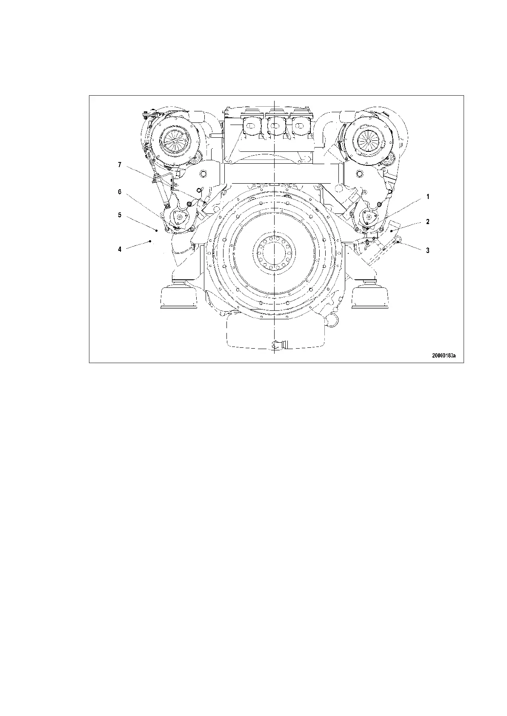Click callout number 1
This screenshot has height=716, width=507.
(x=428, y=197)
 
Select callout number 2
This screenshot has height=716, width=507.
(x=428, y=222)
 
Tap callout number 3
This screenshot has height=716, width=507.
(x=428, y=250)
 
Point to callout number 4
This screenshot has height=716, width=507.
(x=120, y=249)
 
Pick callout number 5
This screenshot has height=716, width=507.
(x=120, y=215)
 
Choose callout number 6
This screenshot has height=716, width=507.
(x=120, y=192)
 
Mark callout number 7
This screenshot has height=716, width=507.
(x=120, y=165)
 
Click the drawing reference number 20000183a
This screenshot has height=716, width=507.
(x=443, y=355)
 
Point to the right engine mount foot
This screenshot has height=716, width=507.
(x=370, y=296)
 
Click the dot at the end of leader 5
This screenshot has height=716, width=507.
(x=157, y=230)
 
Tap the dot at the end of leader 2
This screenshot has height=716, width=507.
(x=391, y=230)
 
